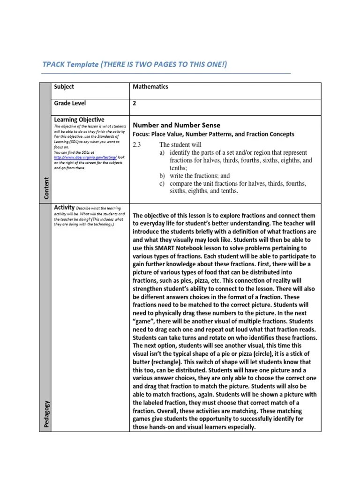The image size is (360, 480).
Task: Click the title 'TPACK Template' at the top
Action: pyautogui.click(x=69, y=64)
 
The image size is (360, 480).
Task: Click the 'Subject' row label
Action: pyautogui.click(x=64, y=87)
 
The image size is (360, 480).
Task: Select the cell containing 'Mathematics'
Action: pyautogui.click(x=150, y=87)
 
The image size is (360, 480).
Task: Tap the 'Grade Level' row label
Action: pyautogui.click(x=70, y=103)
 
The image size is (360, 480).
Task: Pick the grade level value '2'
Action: pyautogui.click(x=135, y=104)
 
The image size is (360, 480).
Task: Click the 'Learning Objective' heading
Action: pyautogui.click(x=79, y=120)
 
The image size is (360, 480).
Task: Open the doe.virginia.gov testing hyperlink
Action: pyautogui.click(x=84, y=157)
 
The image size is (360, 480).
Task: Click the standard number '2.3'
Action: pyautogui.click(x=137, y=144)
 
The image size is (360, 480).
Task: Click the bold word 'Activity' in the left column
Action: pyautogui.click(x=65, y=207)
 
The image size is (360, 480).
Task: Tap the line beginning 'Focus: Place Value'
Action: pyautogui.click(x=213, y=134)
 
